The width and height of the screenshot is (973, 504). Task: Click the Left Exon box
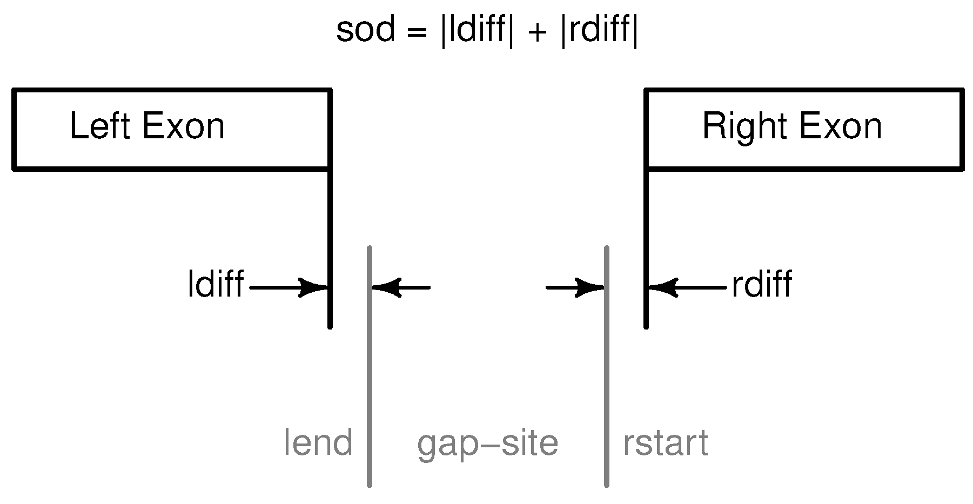point(171,130)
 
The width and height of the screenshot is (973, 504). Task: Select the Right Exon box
point(804,130)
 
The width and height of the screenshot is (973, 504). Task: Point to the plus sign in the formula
point(537,32)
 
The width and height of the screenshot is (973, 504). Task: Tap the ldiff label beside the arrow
point(215,284)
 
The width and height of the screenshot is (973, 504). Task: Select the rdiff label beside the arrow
point(762,284)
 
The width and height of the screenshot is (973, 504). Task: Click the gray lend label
point(318,443)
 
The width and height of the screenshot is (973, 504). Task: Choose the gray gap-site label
point(487,444)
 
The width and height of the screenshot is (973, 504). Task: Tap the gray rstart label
point(665,443)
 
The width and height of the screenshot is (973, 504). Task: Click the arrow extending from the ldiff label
point(289,287)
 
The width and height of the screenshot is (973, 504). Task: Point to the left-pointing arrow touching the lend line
point(401,287)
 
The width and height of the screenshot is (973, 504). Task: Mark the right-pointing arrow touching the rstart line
point(575,287)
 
